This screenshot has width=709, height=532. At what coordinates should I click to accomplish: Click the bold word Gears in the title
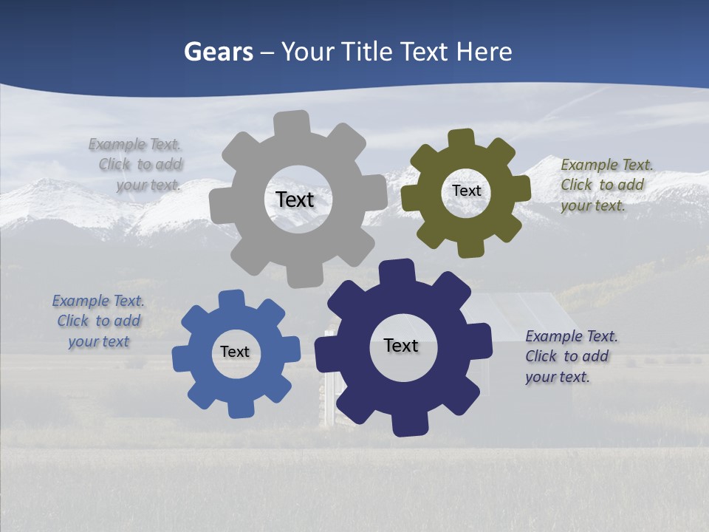[219, 52]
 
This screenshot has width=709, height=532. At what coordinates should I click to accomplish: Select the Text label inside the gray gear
[295, 199]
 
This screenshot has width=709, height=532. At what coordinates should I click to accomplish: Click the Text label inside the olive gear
[466, 191]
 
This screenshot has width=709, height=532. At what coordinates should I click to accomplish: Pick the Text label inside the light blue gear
[235, 352]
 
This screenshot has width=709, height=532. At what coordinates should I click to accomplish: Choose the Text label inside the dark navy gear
[401, 346]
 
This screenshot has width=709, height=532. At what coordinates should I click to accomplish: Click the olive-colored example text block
[606, 185]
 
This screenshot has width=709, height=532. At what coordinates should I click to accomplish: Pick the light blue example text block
[98, 321]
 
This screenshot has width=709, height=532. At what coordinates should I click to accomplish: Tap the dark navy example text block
[570, 357]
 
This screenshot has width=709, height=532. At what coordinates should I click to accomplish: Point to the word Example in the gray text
[117, 145]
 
